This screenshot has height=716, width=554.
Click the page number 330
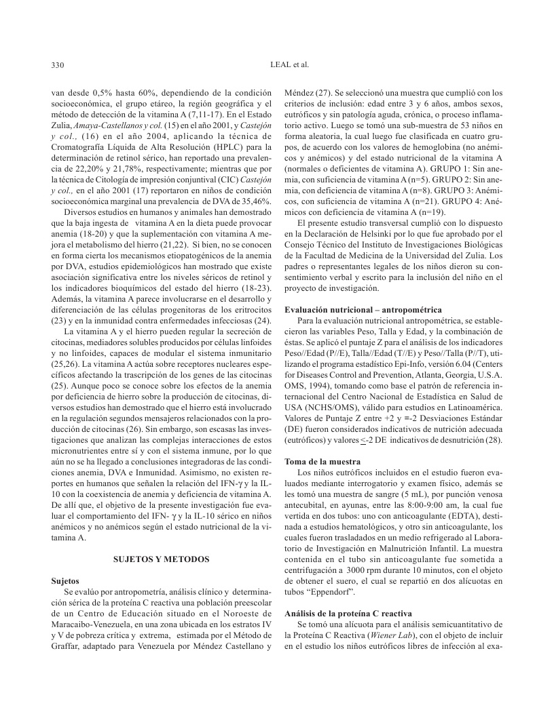pyautogui.click(x=58, y=65)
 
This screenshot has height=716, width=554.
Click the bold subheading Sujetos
pyautogui.click(x=65, y=581)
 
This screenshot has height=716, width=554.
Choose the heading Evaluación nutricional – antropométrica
pyautogui.click(x=363, y=309)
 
